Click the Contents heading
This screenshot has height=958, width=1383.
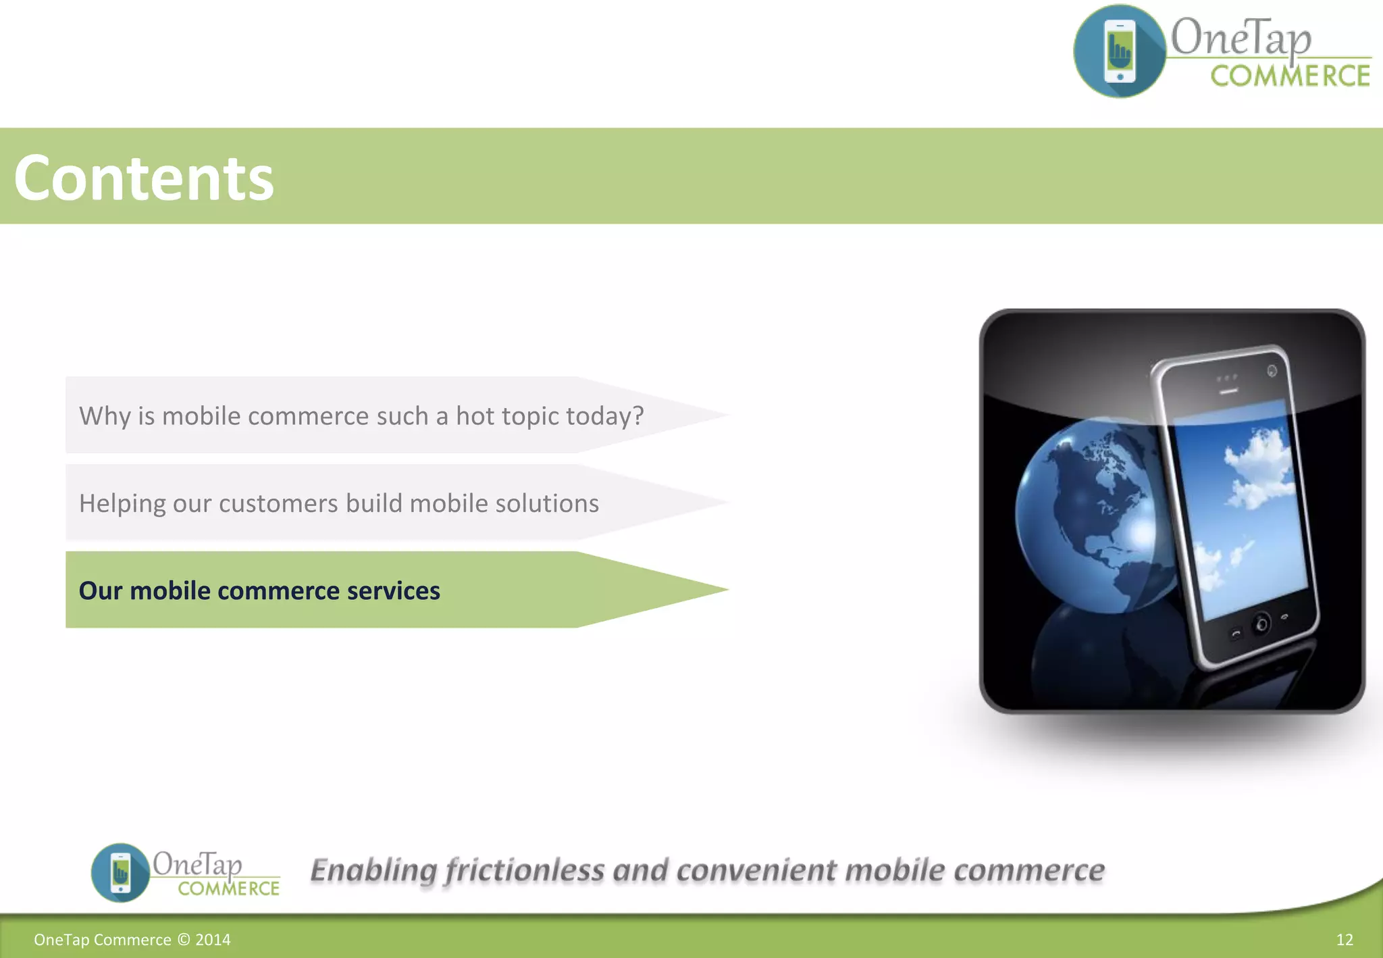point(143,178)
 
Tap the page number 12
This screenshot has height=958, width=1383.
point(1344,940)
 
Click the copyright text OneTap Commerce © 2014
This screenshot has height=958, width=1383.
point(132,940)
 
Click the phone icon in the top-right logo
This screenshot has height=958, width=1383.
point(1120,51)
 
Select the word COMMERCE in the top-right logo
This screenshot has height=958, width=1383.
point(1290,76)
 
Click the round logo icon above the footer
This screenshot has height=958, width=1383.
point(120,872)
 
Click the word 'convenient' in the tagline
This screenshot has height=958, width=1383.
point(756,870)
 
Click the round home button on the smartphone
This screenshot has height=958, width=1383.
point(1260,624)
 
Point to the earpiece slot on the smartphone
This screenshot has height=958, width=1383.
point(1228,391)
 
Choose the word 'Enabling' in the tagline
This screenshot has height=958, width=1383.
point(373,870)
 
